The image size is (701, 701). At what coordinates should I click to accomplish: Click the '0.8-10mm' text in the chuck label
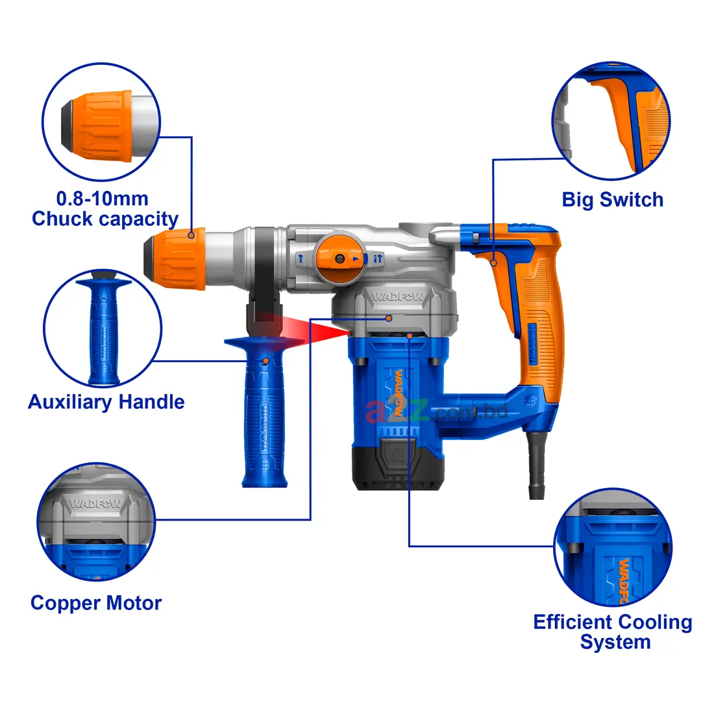[x=103, y=199]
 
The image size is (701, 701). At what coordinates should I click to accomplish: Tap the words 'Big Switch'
[x=613, y=200]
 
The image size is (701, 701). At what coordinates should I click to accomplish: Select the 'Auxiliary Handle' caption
[x=106, y=402]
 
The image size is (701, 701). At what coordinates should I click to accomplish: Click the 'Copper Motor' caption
[x=96, y=603]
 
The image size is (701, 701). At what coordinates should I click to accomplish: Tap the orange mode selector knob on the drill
[x=339, y=258]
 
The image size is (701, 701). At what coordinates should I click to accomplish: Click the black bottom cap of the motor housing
[x=399, y=467]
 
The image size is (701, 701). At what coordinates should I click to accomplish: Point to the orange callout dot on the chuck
[x=191, y=235]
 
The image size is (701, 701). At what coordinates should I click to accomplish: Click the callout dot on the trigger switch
[x=493, y=263]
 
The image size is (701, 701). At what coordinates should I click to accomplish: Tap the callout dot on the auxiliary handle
[x=265, y=361]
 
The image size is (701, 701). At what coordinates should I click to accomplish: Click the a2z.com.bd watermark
[x=436, y=412]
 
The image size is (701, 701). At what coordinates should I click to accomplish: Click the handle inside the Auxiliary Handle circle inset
[x=104, y=328]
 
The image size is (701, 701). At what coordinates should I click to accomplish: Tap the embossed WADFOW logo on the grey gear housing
[x=397, y=296]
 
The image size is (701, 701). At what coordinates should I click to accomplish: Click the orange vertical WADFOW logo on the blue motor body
[x=399, y=393]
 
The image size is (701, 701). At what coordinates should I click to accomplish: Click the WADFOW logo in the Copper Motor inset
[x=95, y=504]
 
